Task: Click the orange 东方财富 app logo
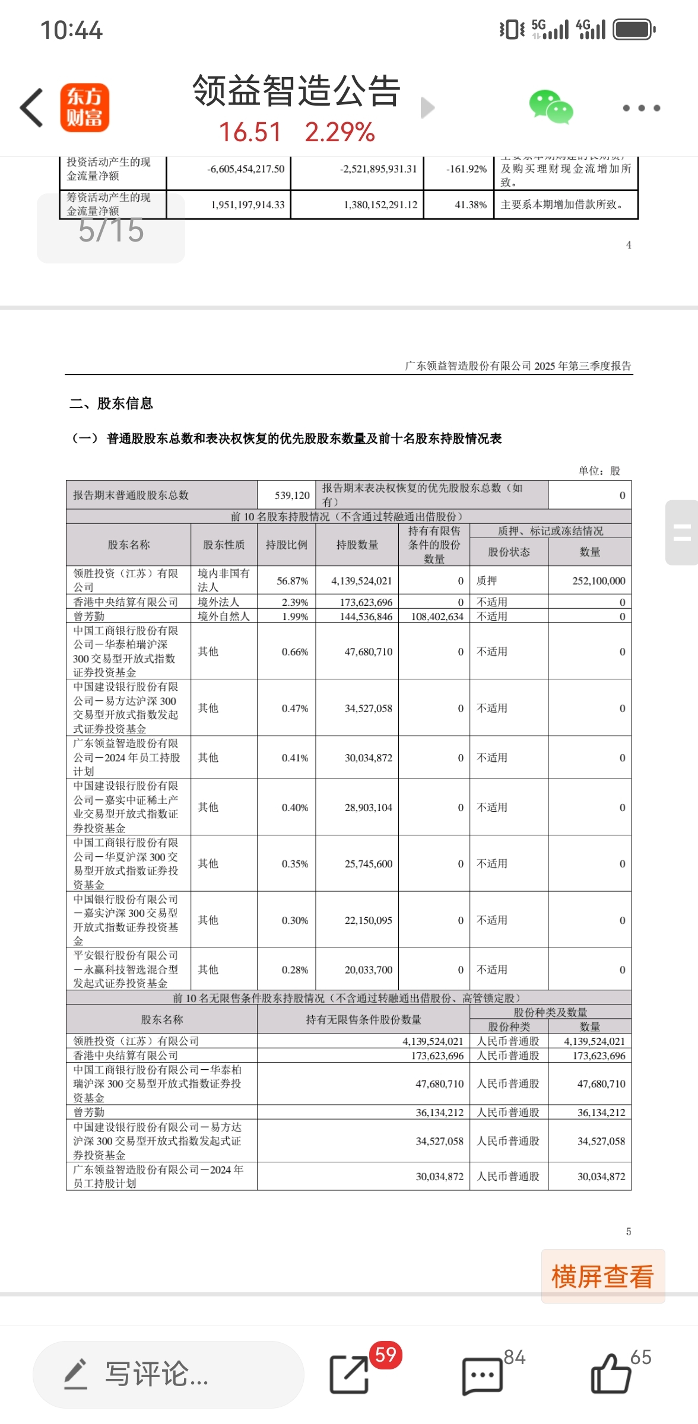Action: coord(84,107)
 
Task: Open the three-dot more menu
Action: coord(641,108)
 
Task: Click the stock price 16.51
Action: coord(250,132)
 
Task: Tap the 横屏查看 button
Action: coord(602,1276)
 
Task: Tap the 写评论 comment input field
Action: coord(169,1374)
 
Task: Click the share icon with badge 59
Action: coord(349,1374)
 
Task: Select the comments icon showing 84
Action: coord(483,1375)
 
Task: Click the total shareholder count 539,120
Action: coord(292,495)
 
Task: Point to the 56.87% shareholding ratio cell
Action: coord(292,581)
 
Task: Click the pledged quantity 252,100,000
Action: coord(598,581)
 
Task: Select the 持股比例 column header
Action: coord(286,545)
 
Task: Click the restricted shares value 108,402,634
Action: coord(437,616)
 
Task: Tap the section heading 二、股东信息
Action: coord(112,403)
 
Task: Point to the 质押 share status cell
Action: coord(487,581)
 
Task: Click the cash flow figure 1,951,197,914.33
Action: coord(248,205)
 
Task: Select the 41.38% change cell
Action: coord(470,205)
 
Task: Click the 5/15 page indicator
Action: coord(111,230)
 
